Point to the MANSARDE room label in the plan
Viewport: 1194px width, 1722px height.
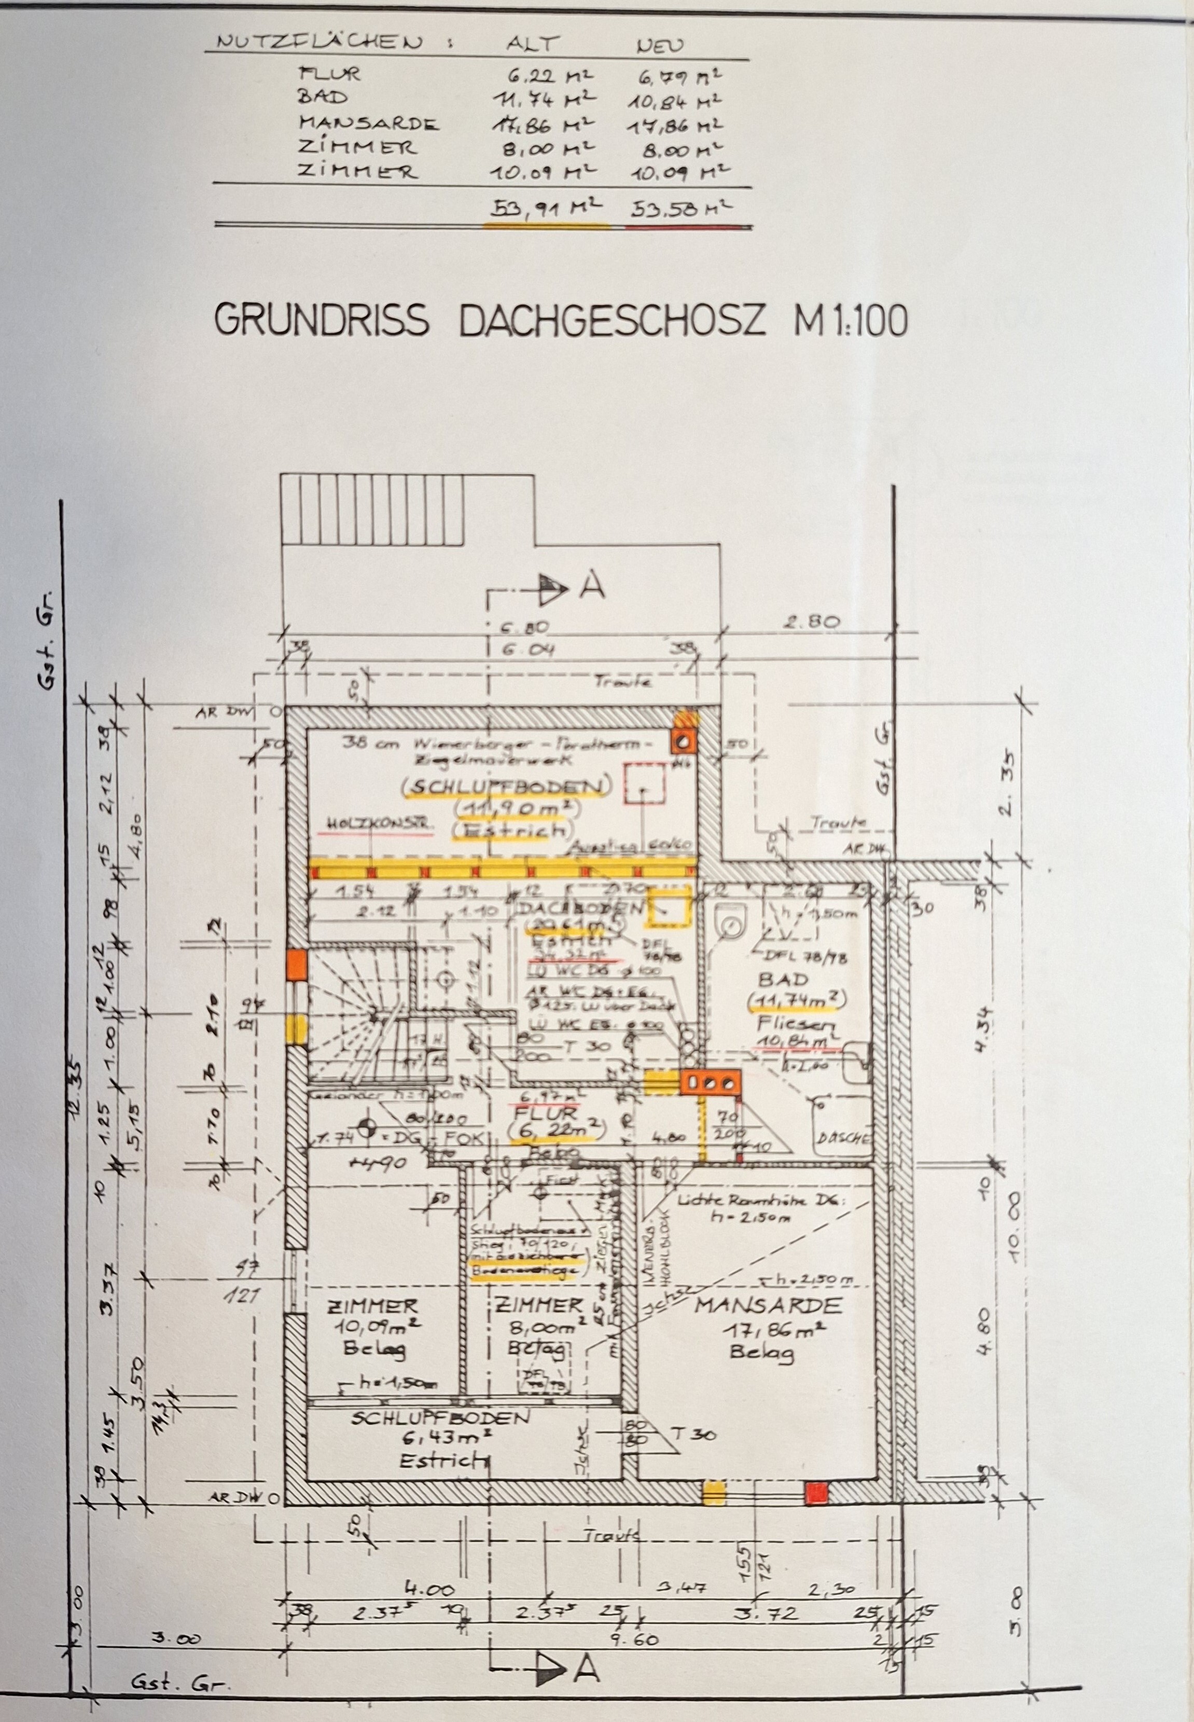pos(768,1306)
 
